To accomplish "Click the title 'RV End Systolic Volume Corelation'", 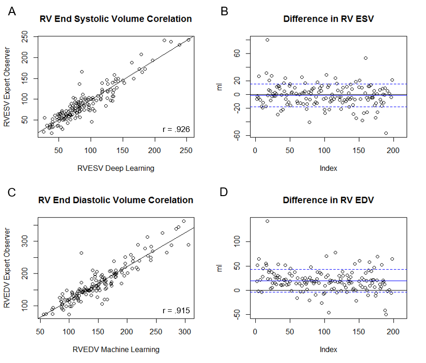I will pyautogui.click(x=115, y=19).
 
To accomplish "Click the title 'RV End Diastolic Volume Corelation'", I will pyautogui.click(x=115, y=200).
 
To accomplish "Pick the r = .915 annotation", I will pyautogui.click(x=176, y=311).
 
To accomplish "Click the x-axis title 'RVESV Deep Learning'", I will pyautogui.click(x=115, y=168).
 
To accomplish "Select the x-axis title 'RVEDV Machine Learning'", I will pyautogui.click(x=115, y=349).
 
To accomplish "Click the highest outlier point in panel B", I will pyautogui.click(x=267, y=40).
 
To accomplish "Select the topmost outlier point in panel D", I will pyautogui.click(x=267, y=221).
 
